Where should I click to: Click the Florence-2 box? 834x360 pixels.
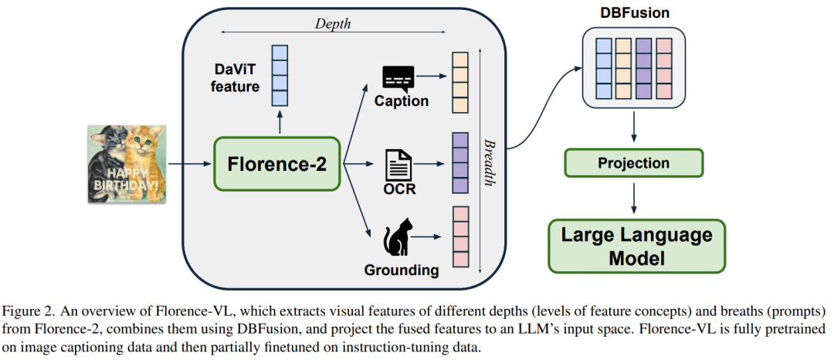(276, 163)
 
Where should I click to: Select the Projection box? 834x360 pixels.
(633, 163)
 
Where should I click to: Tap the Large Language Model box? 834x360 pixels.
(637, 245)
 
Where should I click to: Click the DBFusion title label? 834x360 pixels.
(634, 14)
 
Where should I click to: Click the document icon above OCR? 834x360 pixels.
(398, 163)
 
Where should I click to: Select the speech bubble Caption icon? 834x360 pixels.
(398, 77)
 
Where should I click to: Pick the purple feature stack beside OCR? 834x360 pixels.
(460, 164)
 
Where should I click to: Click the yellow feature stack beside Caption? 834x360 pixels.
(460, 83)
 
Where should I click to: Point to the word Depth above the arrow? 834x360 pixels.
(333, 23)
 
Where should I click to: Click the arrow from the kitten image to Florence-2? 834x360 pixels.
(188, 163)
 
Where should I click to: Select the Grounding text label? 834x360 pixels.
(402, 270)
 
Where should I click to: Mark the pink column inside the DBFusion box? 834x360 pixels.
(663, 68)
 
